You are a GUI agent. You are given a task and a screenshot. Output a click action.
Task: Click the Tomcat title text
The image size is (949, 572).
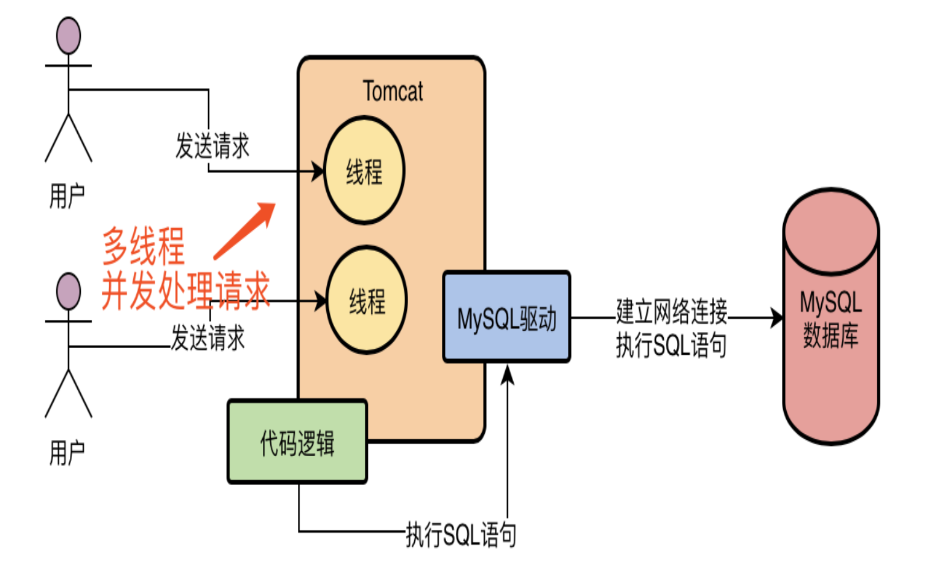393,92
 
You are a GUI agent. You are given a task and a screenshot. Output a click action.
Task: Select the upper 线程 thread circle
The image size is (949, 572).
364,171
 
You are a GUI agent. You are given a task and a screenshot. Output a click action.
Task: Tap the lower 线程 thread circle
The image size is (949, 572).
367,300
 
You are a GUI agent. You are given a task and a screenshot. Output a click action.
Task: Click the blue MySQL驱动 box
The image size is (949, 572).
506,317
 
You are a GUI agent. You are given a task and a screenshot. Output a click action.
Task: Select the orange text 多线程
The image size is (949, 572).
143,246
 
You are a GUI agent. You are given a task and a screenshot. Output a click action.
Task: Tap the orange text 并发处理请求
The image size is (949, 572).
185,291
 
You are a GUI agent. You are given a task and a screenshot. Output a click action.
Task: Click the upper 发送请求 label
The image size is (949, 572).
212,146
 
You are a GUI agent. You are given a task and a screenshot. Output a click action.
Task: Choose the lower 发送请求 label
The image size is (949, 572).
208,338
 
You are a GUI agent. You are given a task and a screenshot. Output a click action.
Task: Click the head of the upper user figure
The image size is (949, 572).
69,36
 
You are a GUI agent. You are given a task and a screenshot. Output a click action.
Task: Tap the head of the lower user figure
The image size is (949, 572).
69,291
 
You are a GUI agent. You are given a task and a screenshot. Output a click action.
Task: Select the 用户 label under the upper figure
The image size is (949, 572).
67,197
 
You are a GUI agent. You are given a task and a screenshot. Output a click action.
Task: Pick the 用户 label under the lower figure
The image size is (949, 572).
67,453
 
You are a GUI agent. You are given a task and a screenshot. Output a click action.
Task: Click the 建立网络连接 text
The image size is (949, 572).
671,311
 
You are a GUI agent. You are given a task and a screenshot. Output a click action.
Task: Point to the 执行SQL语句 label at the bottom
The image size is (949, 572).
461,535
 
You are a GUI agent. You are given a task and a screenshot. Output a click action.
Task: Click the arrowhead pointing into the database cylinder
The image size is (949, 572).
777,317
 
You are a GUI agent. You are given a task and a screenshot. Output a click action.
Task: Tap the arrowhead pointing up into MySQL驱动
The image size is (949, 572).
508,374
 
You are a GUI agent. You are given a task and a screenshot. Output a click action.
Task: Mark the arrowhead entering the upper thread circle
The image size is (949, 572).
318,171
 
